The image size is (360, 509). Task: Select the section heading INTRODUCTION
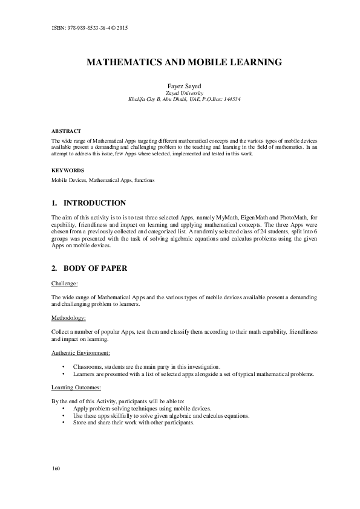pos(95,203)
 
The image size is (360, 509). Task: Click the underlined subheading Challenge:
pos(65,282)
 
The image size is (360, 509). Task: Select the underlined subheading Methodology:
pos(68,317)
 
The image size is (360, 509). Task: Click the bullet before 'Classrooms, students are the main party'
pos(64,367)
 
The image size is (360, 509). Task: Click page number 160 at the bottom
pos(56,469)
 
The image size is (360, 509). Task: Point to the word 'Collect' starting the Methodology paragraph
pos(61,332)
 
